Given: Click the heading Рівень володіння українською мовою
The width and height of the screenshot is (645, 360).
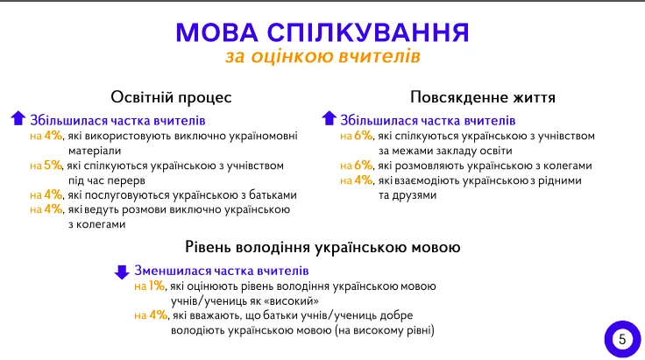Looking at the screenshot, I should click(322, 248).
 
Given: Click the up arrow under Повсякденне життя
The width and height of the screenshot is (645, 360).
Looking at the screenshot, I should click(329, 119).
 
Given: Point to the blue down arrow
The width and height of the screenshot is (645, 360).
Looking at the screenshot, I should click(122, 271).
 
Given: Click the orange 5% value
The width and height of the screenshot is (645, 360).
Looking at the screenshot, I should click(53, 165).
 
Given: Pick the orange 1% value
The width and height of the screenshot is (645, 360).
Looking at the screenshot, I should click(157, 286).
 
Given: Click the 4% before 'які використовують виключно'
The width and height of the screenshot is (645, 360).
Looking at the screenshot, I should click(53, 136).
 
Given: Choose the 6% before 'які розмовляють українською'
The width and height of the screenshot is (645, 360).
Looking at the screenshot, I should click(363, 165).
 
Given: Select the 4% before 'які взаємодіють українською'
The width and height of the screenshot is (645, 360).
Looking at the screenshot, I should click(363, 180).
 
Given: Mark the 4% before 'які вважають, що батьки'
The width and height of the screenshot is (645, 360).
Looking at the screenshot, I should click(159, 315).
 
